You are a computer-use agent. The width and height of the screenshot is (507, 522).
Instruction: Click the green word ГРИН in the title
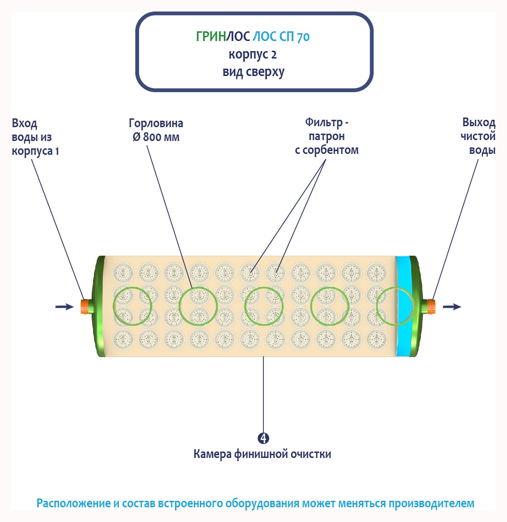point(211,36)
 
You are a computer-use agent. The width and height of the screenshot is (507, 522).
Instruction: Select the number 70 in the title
point(303,37)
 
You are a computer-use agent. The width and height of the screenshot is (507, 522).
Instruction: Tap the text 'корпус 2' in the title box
point(253,54)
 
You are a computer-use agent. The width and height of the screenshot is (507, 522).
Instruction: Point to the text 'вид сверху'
point(253,72)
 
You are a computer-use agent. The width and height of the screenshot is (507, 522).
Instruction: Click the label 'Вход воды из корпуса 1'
point(35,137)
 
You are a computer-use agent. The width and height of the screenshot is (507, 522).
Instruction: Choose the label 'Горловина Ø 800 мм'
point(156,130)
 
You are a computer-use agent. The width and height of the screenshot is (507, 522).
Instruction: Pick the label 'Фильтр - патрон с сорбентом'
point(326,136)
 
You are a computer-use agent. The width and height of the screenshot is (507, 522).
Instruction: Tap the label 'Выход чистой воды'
point(478,136)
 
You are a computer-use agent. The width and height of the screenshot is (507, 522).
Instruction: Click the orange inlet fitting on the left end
point(85,306)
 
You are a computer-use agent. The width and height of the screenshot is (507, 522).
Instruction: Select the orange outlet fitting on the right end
point(431,306)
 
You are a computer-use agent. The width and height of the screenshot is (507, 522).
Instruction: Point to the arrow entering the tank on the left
point(64,306)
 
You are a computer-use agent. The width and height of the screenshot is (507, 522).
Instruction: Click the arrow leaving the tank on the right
point(452,306)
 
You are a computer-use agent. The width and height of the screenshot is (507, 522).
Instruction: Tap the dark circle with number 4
point(263,438)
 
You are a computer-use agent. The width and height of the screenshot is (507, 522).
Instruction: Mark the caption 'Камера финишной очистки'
point(262,454)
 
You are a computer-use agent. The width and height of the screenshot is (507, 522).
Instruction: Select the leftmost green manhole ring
point(133,306)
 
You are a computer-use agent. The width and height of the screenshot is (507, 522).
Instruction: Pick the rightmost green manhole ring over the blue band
point(395,306)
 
